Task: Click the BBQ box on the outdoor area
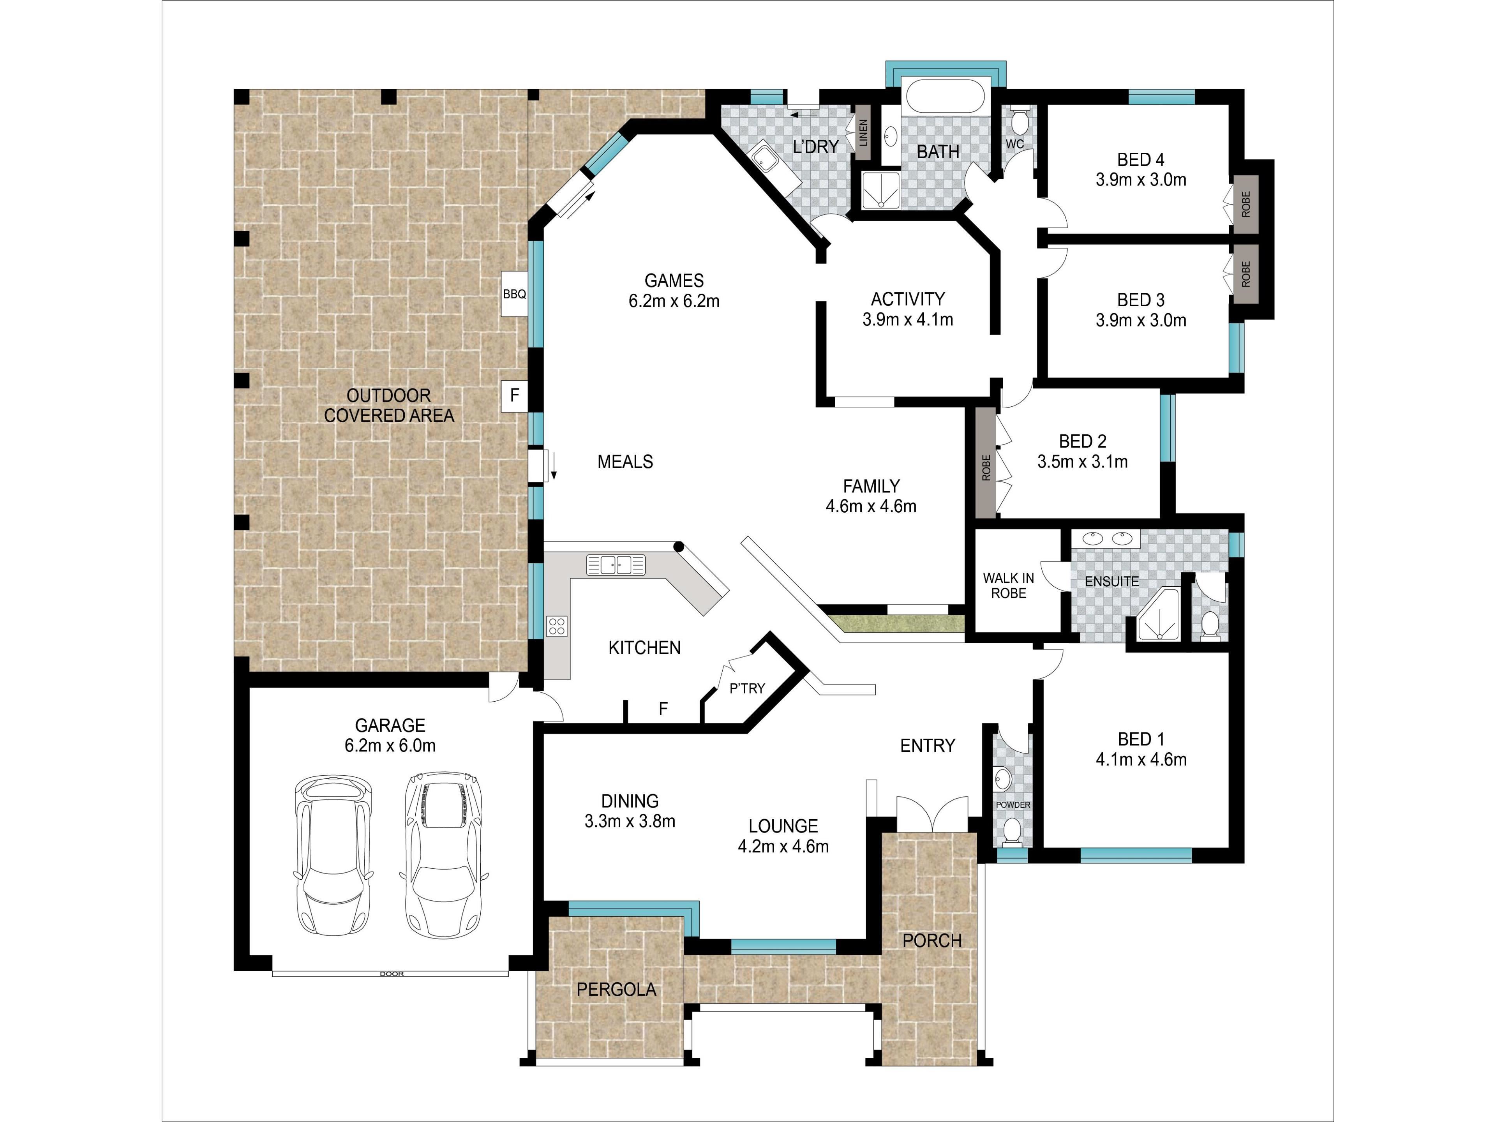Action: click(514, 294)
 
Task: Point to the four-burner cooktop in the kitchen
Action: click(557, 626)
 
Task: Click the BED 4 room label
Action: click(1141, 160)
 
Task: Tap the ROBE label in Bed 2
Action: click(986, 467)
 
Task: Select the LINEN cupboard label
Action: click(863, 133)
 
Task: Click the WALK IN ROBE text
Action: click(1008, 586)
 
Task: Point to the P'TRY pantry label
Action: click(747, 688)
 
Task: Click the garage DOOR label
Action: click(392, 974)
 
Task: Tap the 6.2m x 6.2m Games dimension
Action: click(674, 301)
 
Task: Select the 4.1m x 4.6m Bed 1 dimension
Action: click(1141, 760)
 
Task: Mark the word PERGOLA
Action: click(616, 990)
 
